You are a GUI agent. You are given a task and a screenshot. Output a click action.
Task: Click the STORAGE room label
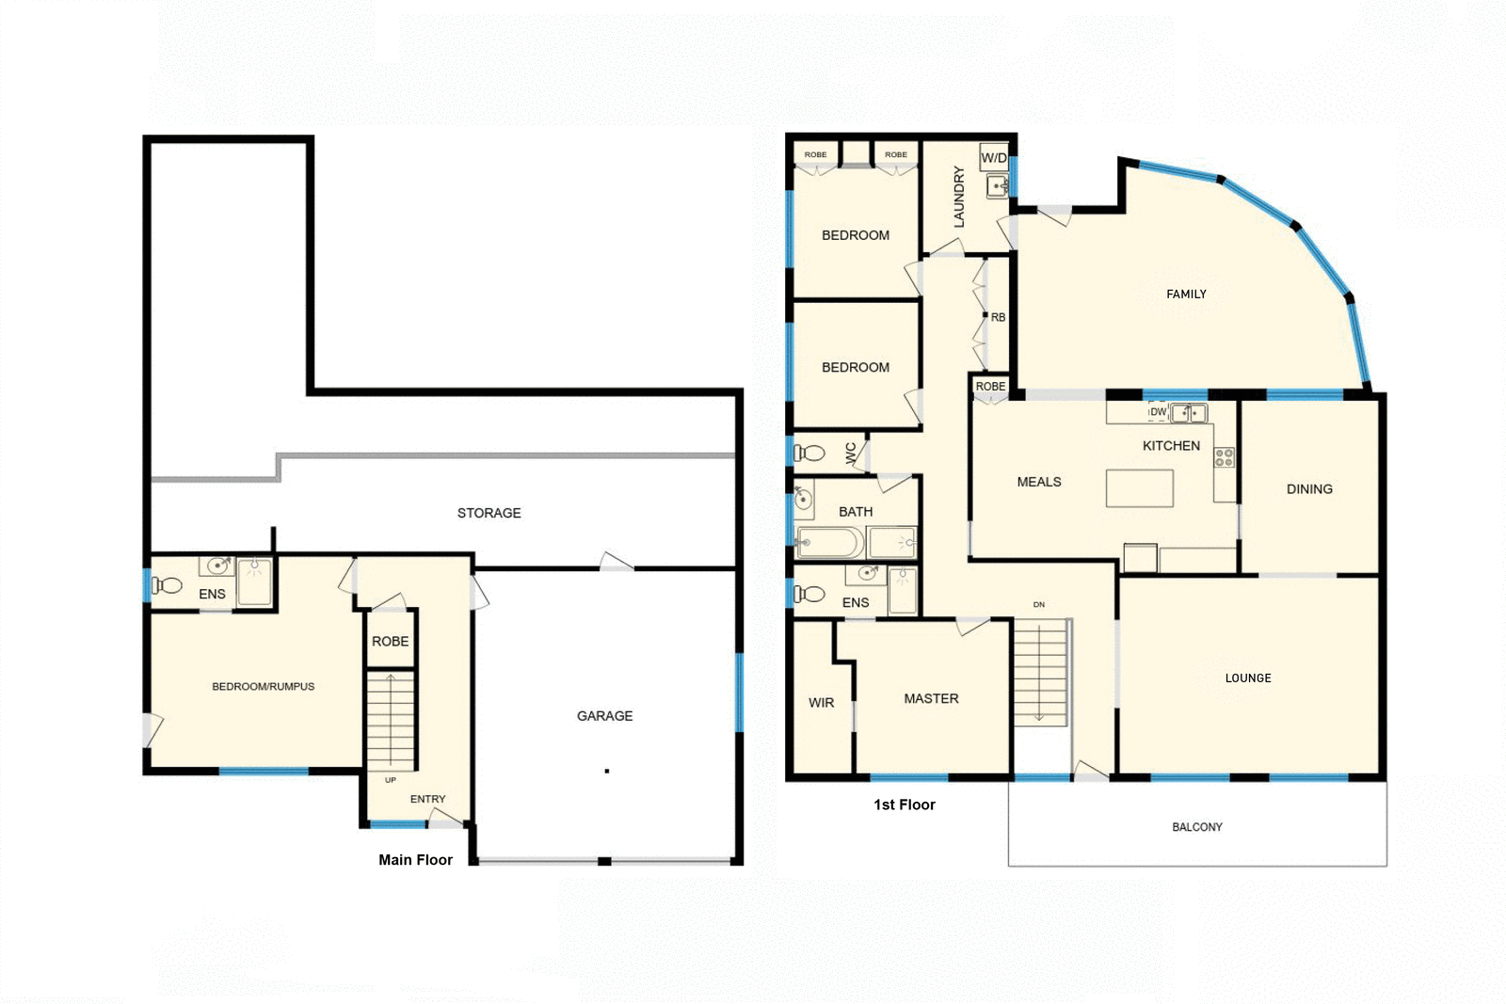[x=489, y=513]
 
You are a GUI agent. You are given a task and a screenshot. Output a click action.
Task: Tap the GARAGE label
[x=604, y=716]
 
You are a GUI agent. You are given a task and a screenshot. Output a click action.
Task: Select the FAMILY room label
[x=1186, y=295]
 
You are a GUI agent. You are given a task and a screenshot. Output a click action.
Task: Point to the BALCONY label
[x=1196, y=827]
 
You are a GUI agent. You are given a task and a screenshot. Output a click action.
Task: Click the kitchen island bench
[x=1139, y=489]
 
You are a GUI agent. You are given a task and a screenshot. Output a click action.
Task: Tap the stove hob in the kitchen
[x=1224, y=458]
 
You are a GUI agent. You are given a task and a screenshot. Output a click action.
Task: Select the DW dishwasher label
[x=1158, y=412]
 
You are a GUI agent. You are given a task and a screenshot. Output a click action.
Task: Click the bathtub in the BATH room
[x=829, y=543]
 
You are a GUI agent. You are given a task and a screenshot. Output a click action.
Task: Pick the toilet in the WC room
[x=809, y=454]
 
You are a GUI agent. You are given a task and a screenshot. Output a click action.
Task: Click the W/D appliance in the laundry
[x=994, y=158]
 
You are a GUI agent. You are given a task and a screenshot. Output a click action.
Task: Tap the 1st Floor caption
[x=904, y=805]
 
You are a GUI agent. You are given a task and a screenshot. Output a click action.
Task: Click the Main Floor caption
[x=415, y=860]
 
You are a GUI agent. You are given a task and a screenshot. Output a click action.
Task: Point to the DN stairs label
[x=1039, y=605]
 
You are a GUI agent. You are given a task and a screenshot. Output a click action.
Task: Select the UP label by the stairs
[x=391, y=780]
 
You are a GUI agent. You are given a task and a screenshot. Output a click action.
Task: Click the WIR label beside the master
[x=821, y=703]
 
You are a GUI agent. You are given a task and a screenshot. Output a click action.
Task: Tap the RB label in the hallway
[x=998, y=318]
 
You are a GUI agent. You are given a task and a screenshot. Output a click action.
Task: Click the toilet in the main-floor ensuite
[x=167, y=586]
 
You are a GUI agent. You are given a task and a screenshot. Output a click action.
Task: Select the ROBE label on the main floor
[x=390, y=642]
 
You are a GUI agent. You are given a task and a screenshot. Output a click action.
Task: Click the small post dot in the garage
[x=607, y=772]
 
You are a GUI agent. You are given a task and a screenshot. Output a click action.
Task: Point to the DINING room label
[x=1309, y=489]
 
